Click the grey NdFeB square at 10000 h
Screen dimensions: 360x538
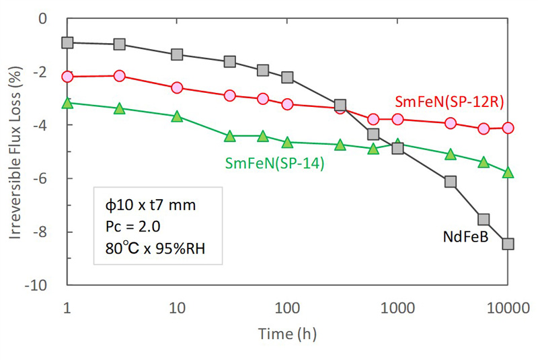click(508, 244)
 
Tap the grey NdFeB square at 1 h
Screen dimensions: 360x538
click(67, 42)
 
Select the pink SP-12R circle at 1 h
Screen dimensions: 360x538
click(67, 77)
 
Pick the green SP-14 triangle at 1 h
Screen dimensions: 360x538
click(67, 103)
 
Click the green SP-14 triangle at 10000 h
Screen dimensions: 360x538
click(508, 173)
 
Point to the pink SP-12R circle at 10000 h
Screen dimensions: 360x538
click(508, 128)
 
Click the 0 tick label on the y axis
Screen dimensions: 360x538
click(44, 18)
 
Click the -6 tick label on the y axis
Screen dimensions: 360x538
click(44, 178)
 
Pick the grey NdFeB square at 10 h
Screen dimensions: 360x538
click(178, 55)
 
